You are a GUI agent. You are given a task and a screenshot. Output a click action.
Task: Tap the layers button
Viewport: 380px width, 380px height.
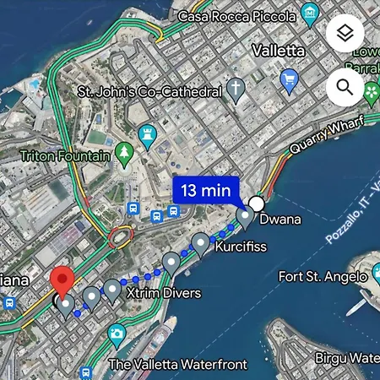[x=345, y=34]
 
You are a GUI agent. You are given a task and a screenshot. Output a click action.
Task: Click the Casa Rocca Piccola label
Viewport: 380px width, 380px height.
[x=236, y=15]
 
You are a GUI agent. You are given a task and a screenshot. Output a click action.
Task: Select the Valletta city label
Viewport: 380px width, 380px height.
[x=278, y=51]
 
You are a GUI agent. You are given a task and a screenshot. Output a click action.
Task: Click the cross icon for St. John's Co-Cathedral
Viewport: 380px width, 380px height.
[x=236, y=90]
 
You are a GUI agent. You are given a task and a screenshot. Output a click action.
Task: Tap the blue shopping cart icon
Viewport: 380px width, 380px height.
[x=290, y=82]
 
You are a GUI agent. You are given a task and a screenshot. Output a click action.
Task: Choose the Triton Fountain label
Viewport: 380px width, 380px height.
[x=65, y=156]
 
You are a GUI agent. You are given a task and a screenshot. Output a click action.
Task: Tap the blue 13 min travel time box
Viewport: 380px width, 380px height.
[x=206, y=191]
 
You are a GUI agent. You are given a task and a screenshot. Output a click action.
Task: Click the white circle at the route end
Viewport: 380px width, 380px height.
[x=258, y=204]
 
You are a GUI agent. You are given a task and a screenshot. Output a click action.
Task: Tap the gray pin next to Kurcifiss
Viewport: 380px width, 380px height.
[x=200, y=243]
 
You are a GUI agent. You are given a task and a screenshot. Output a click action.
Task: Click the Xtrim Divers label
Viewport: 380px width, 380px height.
[x=164, y=293]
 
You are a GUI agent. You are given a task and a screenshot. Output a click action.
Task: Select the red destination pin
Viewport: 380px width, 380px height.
[x=62, y=281]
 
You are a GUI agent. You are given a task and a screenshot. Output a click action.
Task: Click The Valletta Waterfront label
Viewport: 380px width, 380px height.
[x=178, y=365]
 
